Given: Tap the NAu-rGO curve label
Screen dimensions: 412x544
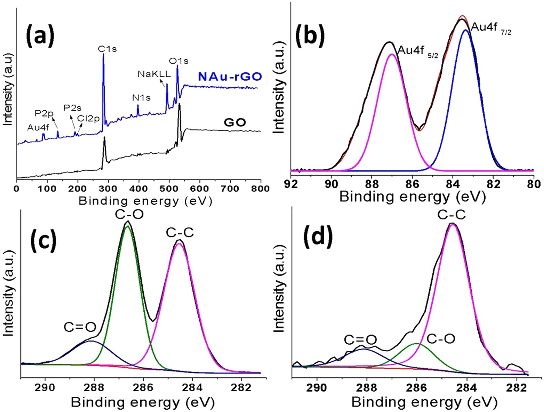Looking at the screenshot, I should pos(230,77).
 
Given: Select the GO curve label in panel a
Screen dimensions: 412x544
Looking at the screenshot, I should pos(235,122).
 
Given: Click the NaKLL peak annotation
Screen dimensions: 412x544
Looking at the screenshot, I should pos(154,74).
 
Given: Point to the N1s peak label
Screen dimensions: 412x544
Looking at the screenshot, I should pos(141,98).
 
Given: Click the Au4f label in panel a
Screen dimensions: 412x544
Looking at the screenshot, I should pos(38,127).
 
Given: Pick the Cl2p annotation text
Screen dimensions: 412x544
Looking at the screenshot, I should pos(88,119).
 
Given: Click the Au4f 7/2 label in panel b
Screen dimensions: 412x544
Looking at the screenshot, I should pos(491,28).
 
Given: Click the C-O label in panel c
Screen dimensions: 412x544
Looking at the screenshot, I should pos(129,215).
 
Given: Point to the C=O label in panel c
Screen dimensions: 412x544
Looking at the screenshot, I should pos(80,327).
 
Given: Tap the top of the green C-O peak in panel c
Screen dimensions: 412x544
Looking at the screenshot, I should pos(127,226).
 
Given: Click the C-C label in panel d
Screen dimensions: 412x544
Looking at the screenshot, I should pos(451,215).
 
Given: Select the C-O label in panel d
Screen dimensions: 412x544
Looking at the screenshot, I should pos(441,339).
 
